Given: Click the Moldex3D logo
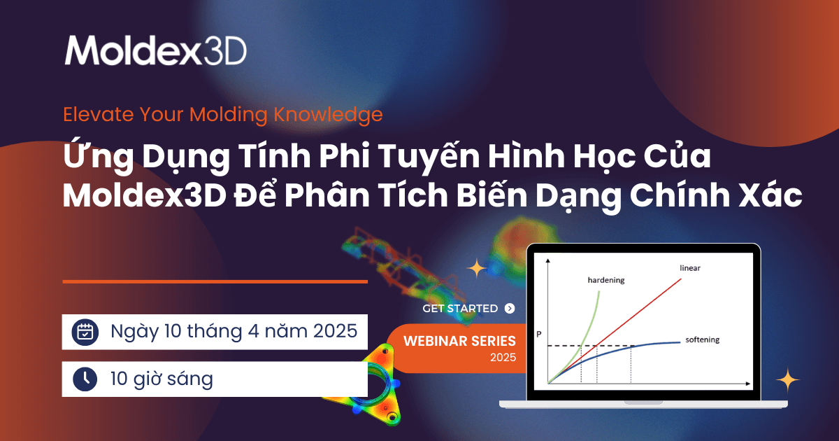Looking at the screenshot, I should (x=155, y=50).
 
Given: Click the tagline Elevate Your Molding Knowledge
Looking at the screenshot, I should (x=223, y=113).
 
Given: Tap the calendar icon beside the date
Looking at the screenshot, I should (x=85, y=332).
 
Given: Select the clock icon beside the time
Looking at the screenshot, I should (x=85, y=379).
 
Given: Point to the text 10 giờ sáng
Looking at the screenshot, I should (x=162, y=379).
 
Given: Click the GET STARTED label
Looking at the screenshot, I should (x=460, y=308).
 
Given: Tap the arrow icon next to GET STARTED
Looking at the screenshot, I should (x=509, y=308).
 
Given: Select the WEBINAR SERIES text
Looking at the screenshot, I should (x=460, y=342).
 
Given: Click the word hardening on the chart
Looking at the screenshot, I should (x=605, y=280).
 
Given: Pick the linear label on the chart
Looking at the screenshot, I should (x=689, y=268).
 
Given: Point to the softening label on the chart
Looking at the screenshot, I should (x=702, y=339).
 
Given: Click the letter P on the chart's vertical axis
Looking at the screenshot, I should (x=538, y=334).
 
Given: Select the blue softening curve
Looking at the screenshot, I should (x=650, y=344).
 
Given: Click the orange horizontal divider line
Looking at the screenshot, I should (x=215, y=281).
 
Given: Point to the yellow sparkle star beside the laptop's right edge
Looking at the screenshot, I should (x=788, y=380).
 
